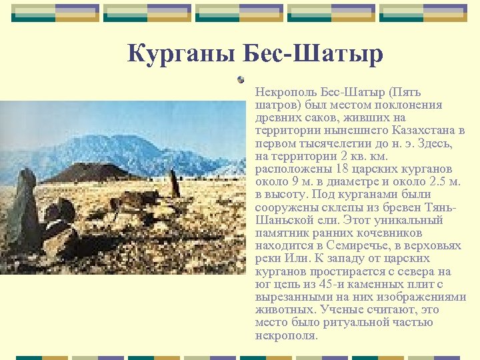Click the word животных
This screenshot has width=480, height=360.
click(x=285, y=309)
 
